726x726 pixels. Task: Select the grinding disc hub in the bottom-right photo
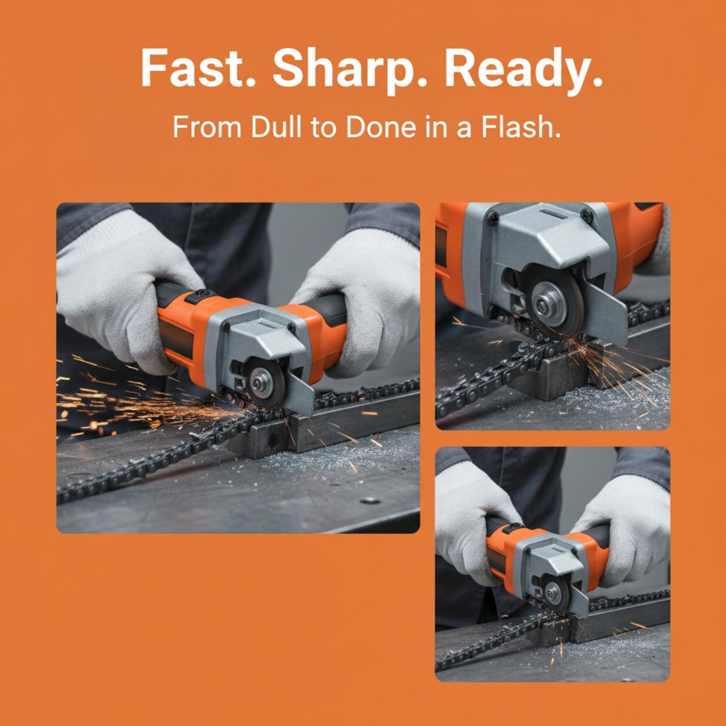[x=553, y=592]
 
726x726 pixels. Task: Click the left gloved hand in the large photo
[x=123, y=290]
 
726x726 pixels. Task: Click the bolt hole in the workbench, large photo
[x=369, y=501]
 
